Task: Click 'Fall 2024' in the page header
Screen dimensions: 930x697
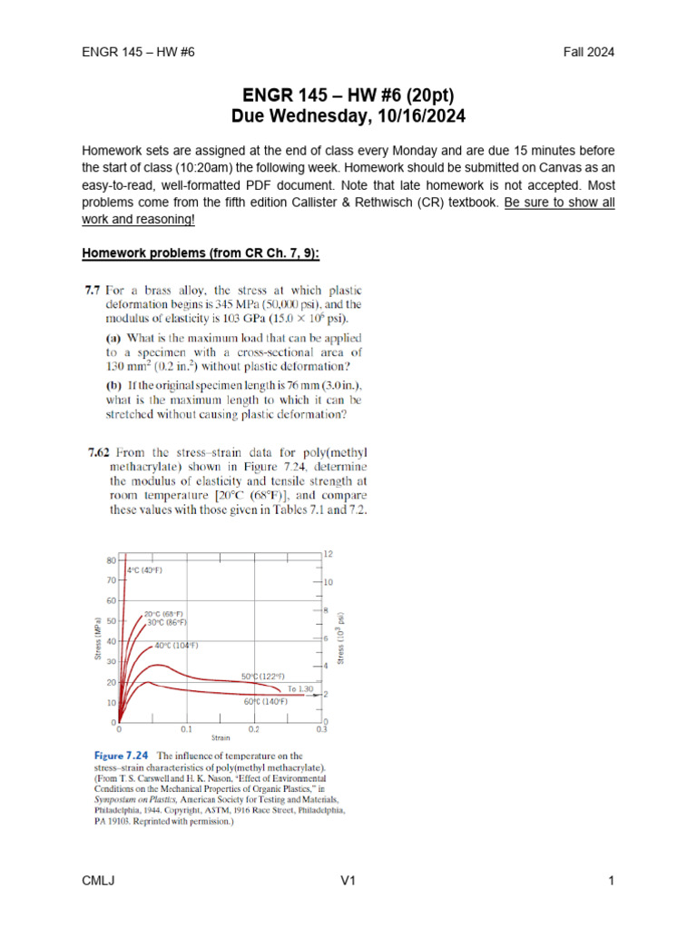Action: [589, 52]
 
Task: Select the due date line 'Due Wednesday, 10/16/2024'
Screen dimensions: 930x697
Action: [348, 116]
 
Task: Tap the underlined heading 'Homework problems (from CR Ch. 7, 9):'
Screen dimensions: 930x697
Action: [201, 252]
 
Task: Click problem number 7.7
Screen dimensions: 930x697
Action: [92, 292]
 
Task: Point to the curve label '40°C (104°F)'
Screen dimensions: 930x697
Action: [176, 645]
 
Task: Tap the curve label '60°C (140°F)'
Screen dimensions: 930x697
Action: [265, 702]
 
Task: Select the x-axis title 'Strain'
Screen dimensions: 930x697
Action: [221, 738]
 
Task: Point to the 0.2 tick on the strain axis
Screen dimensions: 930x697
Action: [254, 728]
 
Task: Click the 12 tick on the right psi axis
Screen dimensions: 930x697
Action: [329, 554]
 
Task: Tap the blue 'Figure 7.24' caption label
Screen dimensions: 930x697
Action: [124, 756]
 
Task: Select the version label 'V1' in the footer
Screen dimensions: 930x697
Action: [349, 881]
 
